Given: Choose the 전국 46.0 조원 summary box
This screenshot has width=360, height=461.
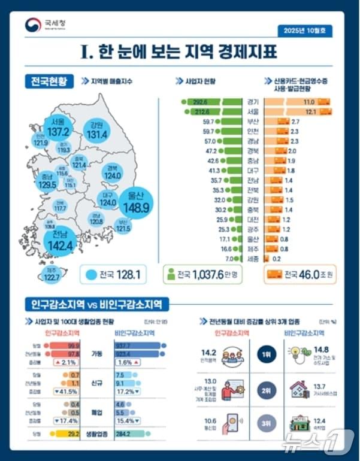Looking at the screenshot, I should click(301, 274).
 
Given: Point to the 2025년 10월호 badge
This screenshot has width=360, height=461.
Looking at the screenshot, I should click(306, 29).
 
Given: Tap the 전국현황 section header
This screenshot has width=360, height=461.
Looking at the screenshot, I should click(47, 80).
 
